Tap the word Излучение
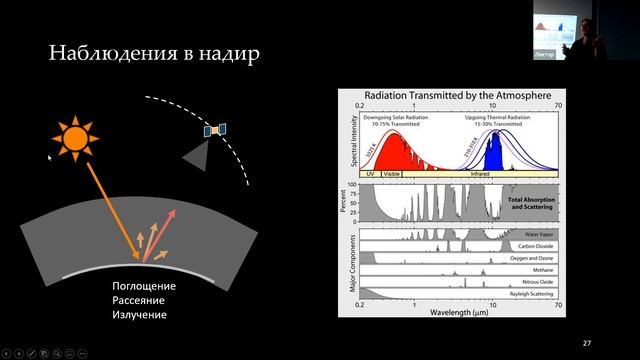(139, 315)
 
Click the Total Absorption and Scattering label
(531, 203)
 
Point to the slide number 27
(587, 344)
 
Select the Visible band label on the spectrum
(393, 173)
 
